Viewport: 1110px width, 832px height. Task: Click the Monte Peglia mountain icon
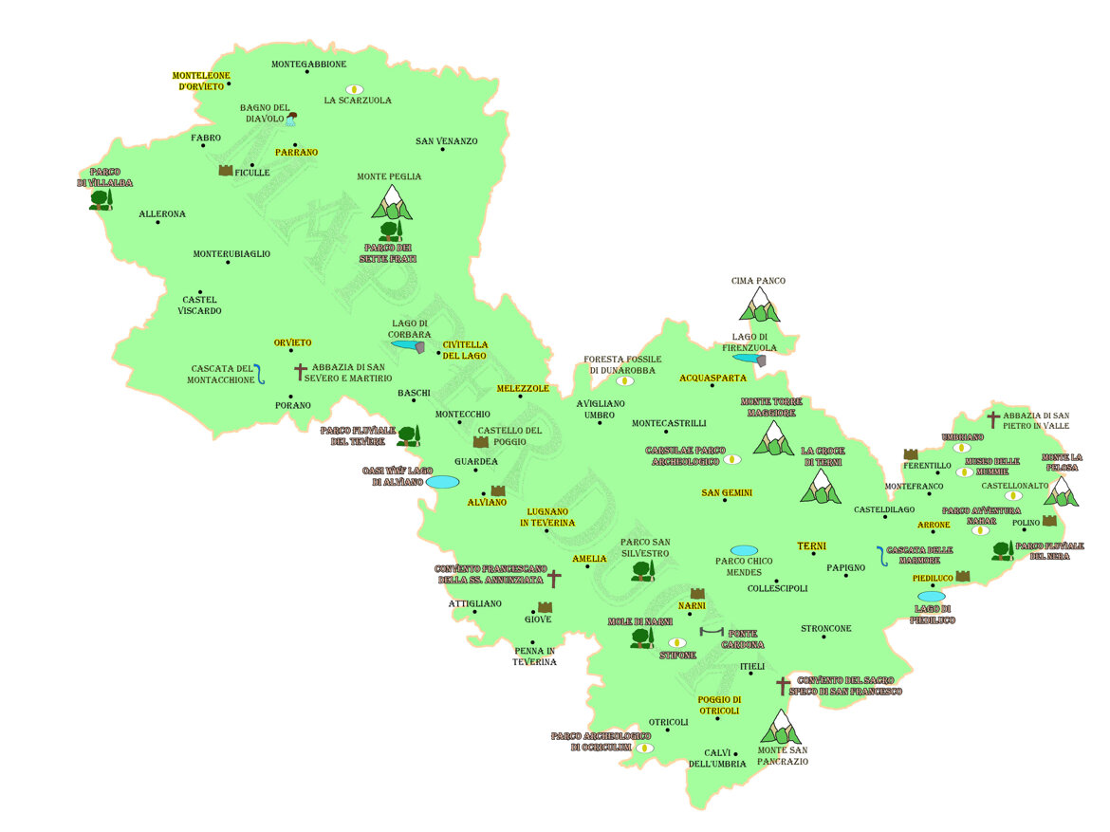(x=392, y=202)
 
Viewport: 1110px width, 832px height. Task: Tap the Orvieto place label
(x=292, y=342)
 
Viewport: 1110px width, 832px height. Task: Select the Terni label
(x=811, y=546)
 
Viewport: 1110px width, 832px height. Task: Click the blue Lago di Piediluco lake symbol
(x=931, y=597)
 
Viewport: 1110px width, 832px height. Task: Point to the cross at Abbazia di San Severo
(x=301, y=372)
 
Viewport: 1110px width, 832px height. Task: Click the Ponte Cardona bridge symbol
(x=711, y=632)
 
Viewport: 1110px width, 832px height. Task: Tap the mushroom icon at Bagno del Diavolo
(x=291, y=119)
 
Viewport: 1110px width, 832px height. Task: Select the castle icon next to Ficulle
(x=226, y=171)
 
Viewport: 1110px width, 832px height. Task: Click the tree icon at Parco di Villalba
(x=101, y=198)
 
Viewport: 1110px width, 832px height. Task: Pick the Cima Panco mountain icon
(x=759, y=305)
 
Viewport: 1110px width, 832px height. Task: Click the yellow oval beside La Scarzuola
(x=355, y=89)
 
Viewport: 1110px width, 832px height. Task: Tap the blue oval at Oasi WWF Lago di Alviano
(x=442, y=482)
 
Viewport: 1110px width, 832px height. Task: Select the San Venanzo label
(x=446, y=141)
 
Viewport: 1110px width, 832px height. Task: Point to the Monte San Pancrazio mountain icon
(x=781, y=727)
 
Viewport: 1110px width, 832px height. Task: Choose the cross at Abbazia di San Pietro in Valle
(x=992, y=418)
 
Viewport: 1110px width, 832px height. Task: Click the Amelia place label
(x=589, y=559)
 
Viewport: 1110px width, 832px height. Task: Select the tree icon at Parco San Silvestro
(x=642, y=569)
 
